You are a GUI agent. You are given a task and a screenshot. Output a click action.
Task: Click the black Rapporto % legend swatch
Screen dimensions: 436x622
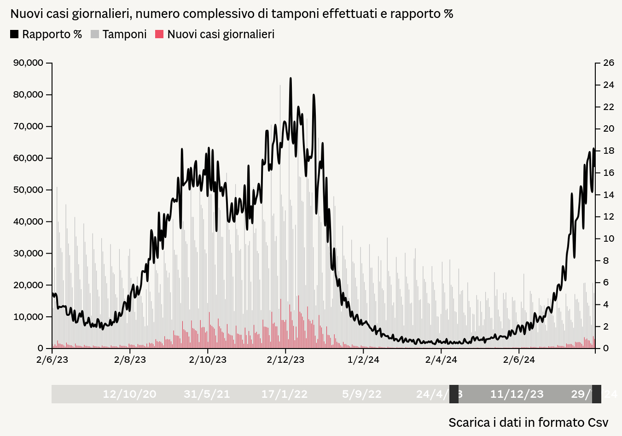click(x=14, y=34)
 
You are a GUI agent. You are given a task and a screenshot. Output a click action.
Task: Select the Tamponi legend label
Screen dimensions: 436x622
click(x=124, y=35)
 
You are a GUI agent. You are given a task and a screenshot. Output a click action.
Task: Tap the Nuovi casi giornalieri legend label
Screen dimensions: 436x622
click(x=221, y=35)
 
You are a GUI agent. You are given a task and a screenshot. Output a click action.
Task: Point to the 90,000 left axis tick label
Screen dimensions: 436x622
click(x=29, y=63)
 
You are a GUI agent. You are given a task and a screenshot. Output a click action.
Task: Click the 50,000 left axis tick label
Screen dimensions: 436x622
click(x=29, y=190)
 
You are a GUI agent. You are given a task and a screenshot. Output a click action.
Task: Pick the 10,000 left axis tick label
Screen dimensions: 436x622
click(x=29, y=317)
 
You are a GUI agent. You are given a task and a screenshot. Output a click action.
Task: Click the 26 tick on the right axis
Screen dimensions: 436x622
click(x=609, y=63)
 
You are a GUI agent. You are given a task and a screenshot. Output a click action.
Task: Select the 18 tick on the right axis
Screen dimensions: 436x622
click(x=609, y=151)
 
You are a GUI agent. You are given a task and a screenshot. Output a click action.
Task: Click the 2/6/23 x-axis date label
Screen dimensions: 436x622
click(x=52, y=360)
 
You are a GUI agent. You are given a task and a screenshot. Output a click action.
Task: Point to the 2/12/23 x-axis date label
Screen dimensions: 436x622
click(x=285, y=360)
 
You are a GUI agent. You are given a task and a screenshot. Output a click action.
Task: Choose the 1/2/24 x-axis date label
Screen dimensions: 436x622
click(x=363, y=360)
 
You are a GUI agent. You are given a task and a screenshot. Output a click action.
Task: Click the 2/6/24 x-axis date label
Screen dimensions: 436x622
click(x=519, y=360)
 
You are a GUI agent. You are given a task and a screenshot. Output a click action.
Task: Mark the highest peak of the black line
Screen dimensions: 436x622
click(x=291, y=79)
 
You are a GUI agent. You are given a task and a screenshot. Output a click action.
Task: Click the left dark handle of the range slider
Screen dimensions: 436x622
click(x=454, y=394)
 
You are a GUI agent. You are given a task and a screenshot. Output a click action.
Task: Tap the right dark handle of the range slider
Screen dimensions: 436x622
click(x=597, y=394)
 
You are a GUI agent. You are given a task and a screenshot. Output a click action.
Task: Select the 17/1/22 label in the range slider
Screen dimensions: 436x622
click(x=284, y=394)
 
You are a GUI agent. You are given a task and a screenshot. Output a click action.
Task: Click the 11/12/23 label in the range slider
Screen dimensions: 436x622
click(x=517, y=394)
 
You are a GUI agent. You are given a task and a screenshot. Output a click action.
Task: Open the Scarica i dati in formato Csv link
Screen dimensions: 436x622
click(x=528, y=422)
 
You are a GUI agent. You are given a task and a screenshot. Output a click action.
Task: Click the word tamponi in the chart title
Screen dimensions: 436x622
click(x=295, y=14)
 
